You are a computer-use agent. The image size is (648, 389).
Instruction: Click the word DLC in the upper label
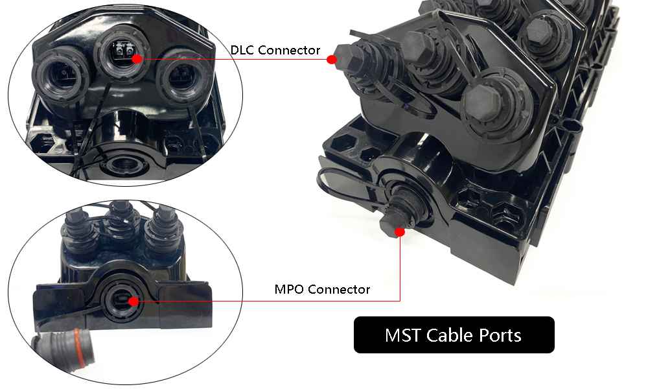[x=242, y=50]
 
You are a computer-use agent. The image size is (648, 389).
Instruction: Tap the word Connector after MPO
[x=339, y=289]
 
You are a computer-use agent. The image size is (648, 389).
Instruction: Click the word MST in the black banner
[x=402, y=335]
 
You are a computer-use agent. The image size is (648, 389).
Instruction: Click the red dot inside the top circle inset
[x=137, y=59]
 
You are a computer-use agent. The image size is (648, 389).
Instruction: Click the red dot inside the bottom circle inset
[x=132, y=301]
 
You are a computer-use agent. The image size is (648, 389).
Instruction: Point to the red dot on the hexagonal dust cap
[x=332, y=60]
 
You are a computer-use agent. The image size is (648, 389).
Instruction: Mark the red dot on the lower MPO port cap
[x=400, y=231]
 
